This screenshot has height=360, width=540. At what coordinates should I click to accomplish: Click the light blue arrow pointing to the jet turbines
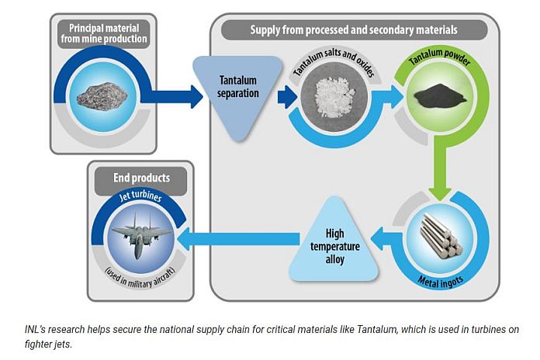click(233, 238)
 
